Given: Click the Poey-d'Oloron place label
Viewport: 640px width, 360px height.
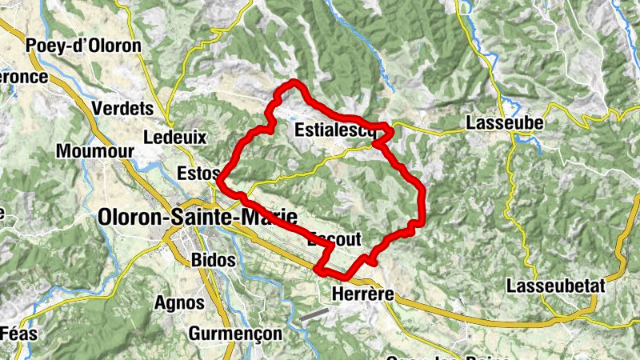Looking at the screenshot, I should click(83, 46).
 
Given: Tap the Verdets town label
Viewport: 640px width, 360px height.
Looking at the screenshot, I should click(122, 108).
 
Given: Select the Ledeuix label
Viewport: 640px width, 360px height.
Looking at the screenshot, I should click(174, 138).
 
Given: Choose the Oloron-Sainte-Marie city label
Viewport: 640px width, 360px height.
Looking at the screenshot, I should click(197, 217).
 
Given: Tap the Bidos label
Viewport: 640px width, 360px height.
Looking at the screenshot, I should click(214, 260).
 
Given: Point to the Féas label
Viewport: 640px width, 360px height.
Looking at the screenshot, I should click(18, 334).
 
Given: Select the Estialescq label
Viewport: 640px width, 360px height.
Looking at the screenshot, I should click(334, 130).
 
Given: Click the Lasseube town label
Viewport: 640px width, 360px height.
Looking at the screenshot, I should click(504, 123).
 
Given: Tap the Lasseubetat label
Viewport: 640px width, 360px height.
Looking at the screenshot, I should click(554, 286).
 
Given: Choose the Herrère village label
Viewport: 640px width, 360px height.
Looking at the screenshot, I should click(362, 294).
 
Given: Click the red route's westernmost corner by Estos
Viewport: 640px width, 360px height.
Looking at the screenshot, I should click(219, 181).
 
